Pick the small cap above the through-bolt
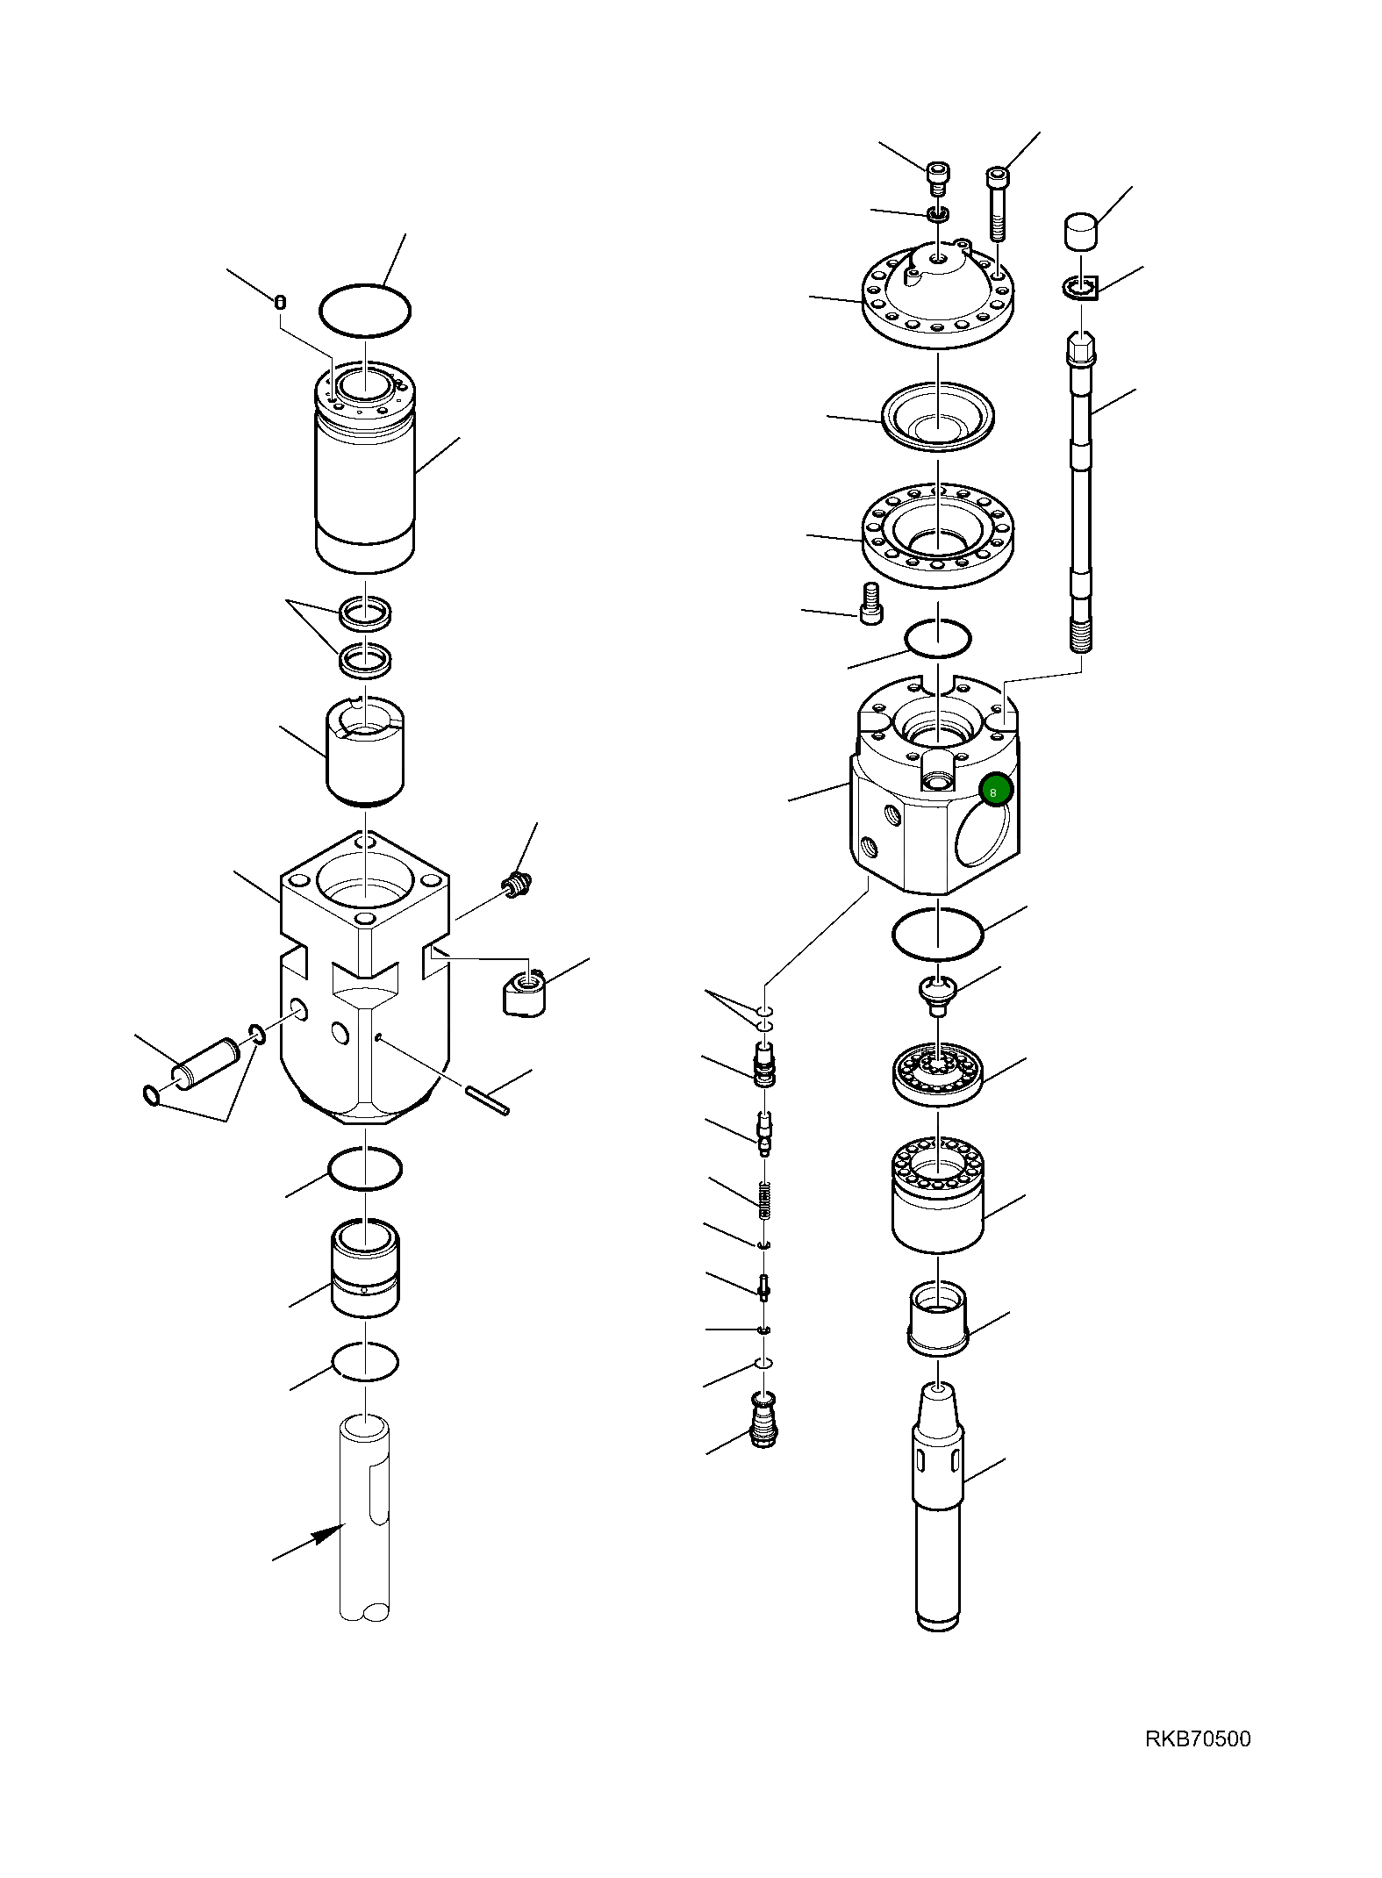pyautogui.click(x=1081, y=231)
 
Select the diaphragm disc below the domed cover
pyautogui.click(x=937, y=418)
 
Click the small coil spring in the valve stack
pyautogui.click(x=764, y=1200)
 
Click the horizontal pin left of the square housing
pyautogui.click(x=204, y=1064)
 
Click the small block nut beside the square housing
pyautogui.click(x=524, y=992)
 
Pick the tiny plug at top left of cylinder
pyautogui.click(x=280, y=302)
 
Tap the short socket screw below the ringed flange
pyautogui.click(x=870, y=604)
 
